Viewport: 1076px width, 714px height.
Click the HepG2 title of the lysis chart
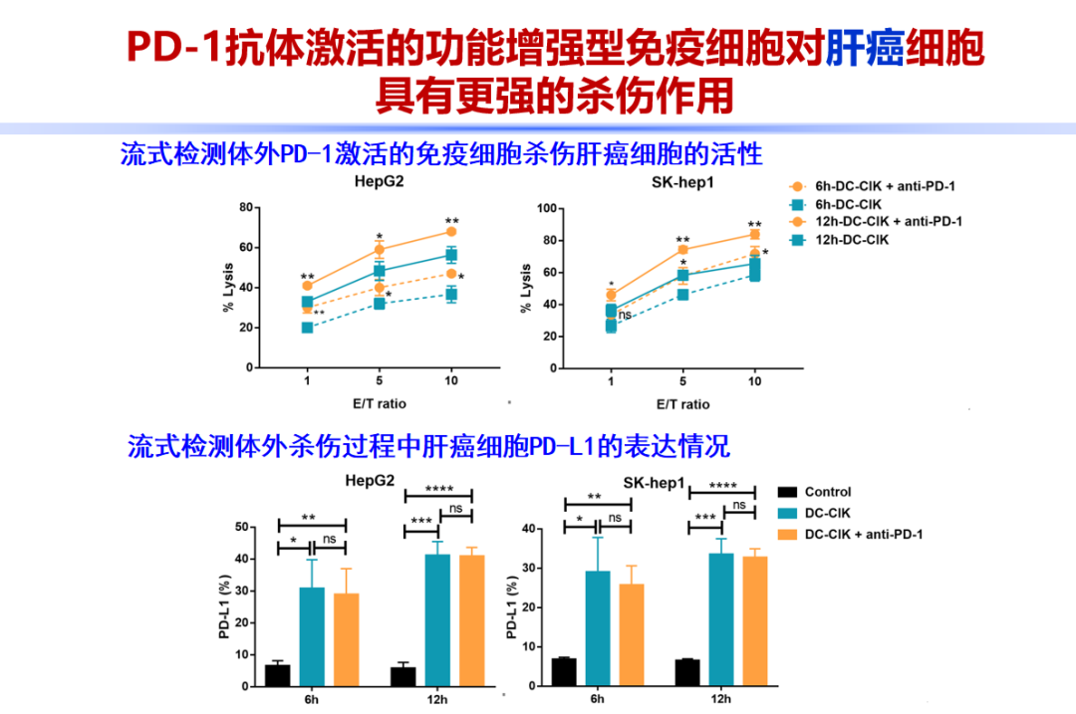tap(380, 182)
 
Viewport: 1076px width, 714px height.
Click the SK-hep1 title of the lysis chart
tap(682, 182)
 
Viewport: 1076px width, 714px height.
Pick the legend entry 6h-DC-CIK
tap(848, 203)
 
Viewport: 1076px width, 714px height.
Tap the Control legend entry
tap(827, 492)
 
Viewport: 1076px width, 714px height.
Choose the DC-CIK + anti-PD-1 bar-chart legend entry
tap(863, 535)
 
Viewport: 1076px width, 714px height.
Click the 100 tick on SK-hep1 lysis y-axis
tap(545, 209)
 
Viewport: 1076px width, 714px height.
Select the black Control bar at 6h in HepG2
tap(278, 675)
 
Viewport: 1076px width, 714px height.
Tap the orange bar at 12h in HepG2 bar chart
tap(471, 620)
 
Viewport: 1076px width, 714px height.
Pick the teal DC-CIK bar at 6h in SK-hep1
tap(598, 628)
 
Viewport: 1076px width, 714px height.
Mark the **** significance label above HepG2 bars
tap(438, 489)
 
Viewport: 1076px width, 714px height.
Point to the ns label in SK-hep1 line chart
tap(626, 315)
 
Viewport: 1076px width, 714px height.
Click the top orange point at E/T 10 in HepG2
tap(451, 232)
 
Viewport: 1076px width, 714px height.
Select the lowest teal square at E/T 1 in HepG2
tap(307, 328)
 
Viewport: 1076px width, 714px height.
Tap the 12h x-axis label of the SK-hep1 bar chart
tap(720, 699)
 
